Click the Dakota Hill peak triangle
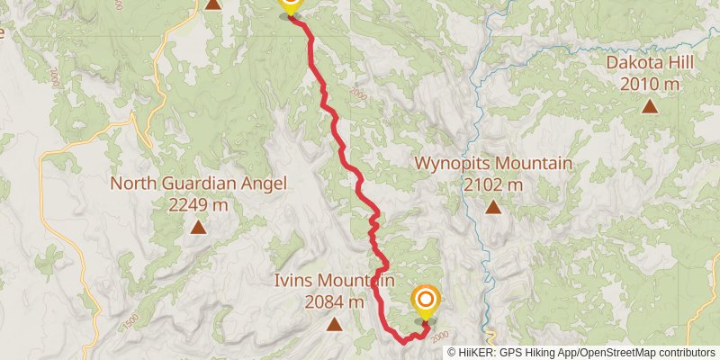[x=649, y=106]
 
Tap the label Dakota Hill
[x=649, y=63]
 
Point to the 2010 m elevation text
[x=649, y=84]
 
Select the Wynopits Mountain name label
[x=493, y=164]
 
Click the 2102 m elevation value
[x=493, y=184]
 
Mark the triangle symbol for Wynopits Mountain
[x=493, y=208]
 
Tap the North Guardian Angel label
[x=198, y=184]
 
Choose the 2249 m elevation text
[x=198, y=204]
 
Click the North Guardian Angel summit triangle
[x=198, y=228]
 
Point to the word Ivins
[x=295, y=281]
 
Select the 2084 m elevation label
[x=334, y=301]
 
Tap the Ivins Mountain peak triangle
[x=334, y=324]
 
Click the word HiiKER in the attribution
[x=487, y=353]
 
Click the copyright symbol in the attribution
[x=453, y=353]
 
